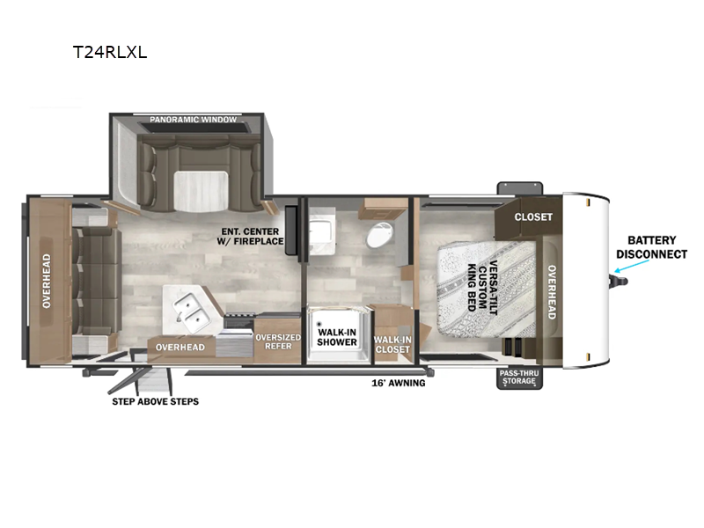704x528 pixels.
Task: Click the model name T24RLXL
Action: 110,52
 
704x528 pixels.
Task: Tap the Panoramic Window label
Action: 193,120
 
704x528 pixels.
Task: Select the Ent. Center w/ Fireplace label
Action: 251,236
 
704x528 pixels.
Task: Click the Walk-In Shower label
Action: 337,337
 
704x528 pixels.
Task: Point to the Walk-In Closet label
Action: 392,344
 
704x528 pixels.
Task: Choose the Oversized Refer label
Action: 278,341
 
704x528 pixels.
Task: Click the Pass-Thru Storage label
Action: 519,378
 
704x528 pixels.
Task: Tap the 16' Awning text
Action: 399,383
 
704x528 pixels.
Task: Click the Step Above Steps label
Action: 156,401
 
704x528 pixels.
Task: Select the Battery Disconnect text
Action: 651,247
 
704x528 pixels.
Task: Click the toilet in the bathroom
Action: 380,235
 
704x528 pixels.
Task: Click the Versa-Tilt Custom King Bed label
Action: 482,288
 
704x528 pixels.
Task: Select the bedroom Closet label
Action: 533,216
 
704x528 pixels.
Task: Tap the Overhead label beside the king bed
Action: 552,292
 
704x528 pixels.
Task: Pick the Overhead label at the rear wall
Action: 47,281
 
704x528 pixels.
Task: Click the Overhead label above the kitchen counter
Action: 180,347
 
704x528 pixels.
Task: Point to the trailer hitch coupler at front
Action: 619,281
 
